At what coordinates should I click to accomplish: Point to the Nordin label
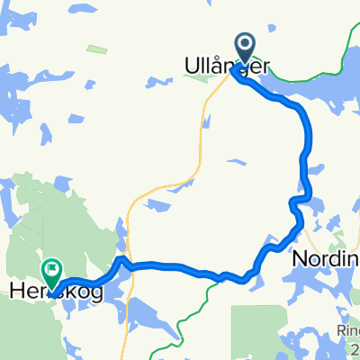(x=324, y=258)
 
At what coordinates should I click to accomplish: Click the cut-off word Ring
(x=345, y=329)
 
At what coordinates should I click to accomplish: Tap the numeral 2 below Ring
(x=355, y=347)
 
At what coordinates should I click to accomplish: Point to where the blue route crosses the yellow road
(x=127, y=265)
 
